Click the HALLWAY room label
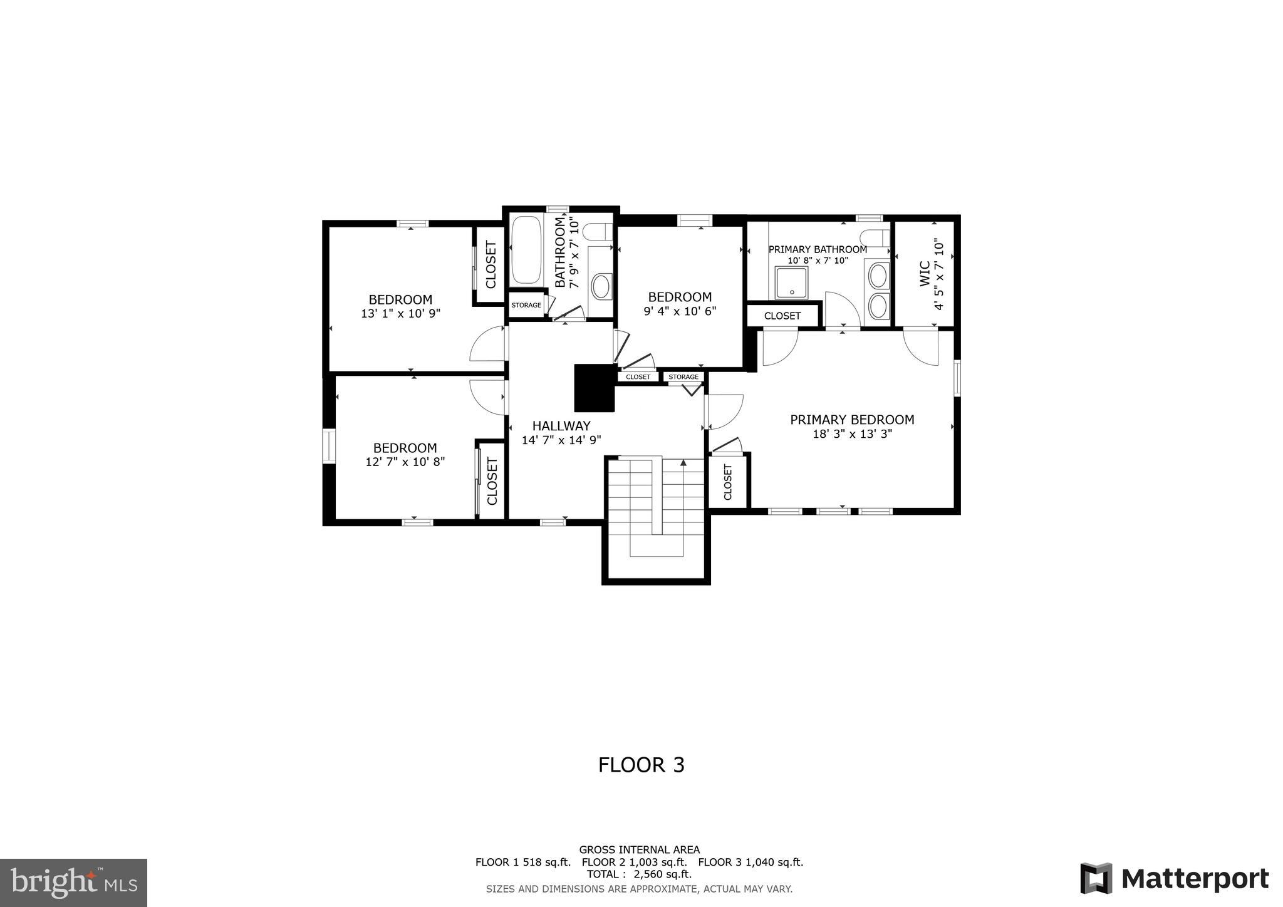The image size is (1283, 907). click(x=561, y=426)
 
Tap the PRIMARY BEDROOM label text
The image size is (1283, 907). click(x=851, y=420)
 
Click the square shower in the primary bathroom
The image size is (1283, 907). click(x=791, y=282)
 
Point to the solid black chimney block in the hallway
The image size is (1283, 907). click(x=594, y=388)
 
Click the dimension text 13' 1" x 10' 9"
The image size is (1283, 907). click(x=400, y=314)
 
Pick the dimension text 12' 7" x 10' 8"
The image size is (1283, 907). click(x=405, y=462)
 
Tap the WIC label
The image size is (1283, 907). click(x=925, y=274)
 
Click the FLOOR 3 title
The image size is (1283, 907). click(x=641, y=765)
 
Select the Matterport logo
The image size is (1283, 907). click(x=1174, y=878)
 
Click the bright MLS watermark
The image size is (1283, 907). click(x=73, y=883)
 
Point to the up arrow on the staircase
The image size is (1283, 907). click(x=683, y=463)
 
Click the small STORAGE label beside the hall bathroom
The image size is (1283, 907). click(x=526, y=305)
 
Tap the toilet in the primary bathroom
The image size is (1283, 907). click(x=875, y=238)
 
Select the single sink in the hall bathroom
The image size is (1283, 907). click(x=601, y=286)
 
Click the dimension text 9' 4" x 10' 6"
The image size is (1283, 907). click(x=680, y=311)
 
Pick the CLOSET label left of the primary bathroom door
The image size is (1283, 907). click(x=782, y=316)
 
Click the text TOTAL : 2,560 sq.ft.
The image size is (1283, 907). click(x=639, y=874)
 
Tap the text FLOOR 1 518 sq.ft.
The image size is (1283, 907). click(x=522, y=862)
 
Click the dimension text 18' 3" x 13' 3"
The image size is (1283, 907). click(x=851, y=434)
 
